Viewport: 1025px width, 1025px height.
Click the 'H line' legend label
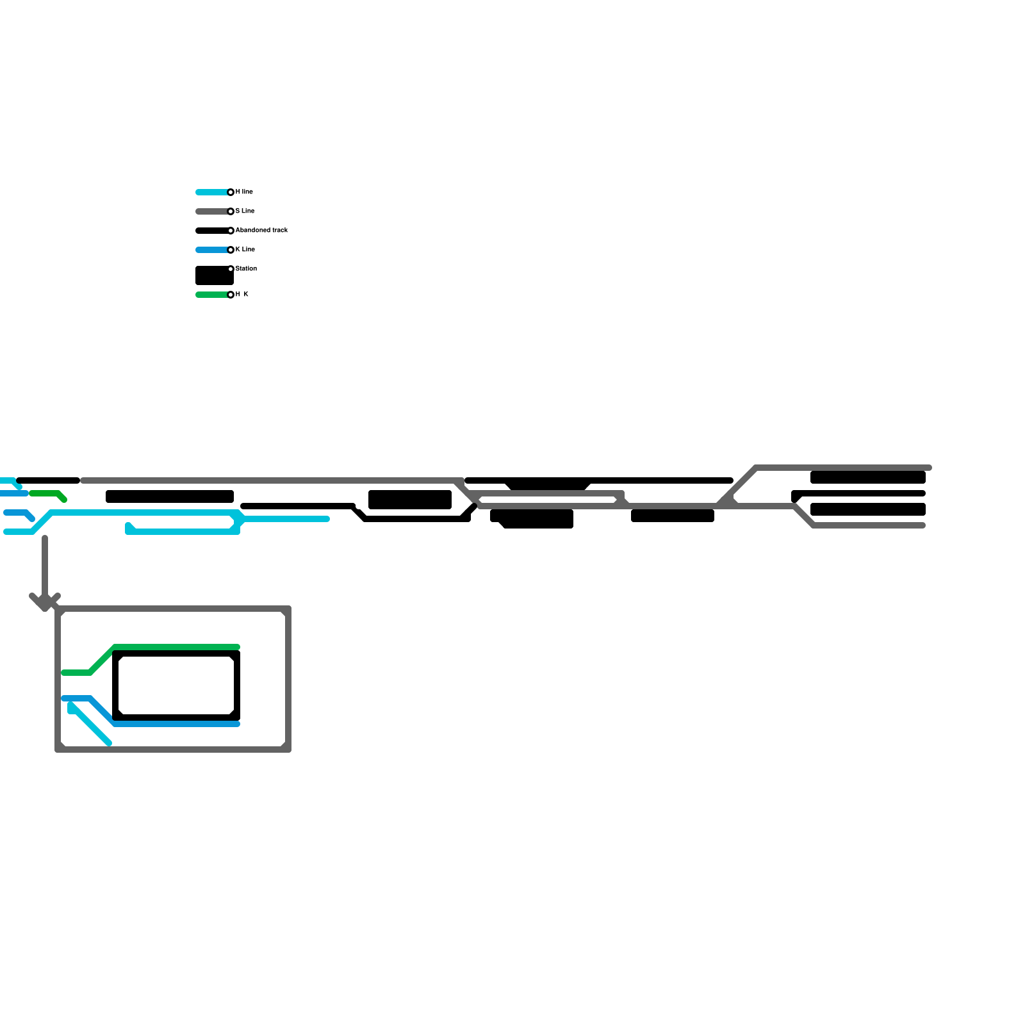click(x=244, y=192)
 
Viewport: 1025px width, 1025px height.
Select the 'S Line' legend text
click(x=245, y=211)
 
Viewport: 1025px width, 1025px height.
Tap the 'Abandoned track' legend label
click(x=261, y=231)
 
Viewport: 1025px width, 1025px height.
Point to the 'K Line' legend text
click(x=245, y=250)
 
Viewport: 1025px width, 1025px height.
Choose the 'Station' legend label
click(x=246, y=269)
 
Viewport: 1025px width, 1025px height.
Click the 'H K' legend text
click(x=242, y=295)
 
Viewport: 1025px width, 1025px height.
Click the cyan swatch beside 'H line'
click(x=211, y=192)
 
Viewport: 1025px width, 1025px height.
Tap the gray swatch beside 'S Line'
click(x=211, y=211)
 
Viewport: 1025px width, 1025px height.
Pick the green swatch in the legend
click(x=211, y=295)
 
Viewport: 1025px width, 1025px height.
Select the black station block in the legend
click(x=214, y=276)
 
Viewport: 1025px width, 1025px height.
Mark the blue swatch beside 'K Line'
click(x=211, y=250)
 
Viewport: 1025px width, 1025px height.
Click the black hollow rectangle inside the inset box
click(x=176, y=653)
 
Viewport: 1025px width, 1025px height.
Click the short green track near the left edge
click(x=45, y=493)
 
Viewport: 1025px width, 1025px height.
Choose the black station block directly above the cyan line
click(x=170, y=496)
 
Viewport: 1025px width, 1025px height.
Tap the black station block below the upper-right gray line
click(x=868, y=477)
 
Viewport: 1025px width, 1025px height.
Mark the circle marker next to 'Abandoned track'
click(x=231, y=231)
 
